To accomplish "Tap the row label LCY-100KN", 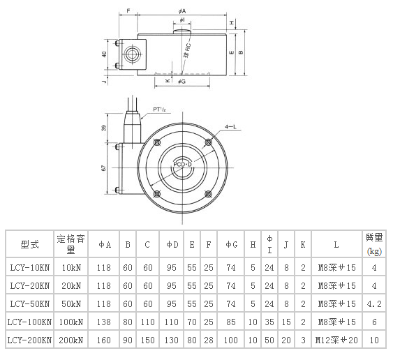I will (29, 322).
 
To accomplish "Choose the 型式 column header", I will (29, 244).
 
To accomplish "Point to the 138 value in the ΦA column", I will (104, 322).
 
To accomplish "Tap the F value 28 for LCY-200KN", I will (208, 340).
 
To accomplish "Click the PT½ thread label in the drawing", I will (159, 110).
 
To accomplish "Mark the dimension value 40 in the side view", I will (105, 54).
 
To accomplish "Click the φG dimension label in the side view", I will (181, 82).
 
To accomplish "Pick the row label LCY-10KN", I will (29, 267).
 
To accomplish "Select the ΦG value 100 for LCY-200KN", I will (232, 340).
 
